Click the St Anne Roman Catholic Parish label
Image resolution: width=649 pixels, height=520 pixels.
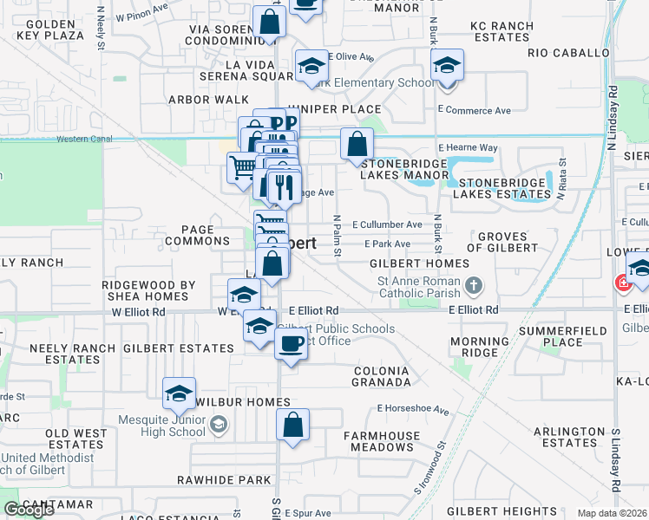click(417, 288)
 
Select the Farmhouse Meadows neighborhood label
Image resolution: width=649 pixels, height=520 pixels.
click(377, 441)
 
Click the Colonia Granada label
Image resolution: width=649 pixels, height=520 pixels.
click(381, 376)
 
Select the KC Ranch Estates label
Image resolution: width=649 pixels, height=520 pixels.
click(501, 32)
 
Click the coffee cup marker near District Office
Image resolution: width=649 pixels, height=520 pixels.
click(291, 343)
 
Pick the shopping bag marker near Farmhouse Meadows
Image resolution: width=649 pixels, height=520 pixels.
click(292, 426)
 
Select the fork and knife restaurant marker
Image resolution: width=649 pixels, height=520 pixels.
click(283, 186)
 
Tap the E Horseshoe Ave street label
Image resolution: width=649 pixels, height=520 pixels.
click(413, 410)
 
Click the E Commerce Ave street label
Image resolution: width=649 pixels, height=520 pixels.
click(474, 110)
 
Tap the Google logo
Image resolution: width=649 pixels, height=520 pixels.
click(29, 510)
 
